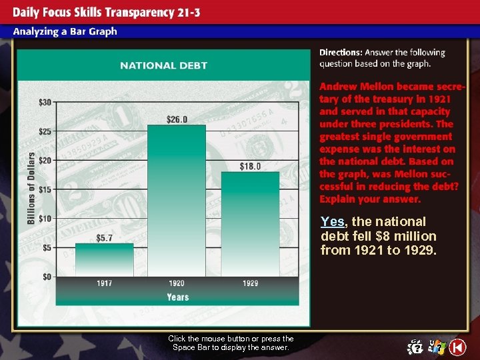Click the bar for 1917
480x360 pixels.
click(104, 259)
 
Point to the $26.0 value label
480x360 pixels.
click(177, 119)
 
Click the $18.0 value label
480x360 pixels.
click(250, 166)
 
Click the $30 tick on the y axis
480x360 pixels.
click(45, 102)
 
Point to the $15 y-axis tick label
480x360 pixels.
click(45, 189)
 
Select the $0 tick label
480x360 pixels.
click(47, 276)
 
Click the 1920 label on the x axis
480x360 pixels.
click(177, 283)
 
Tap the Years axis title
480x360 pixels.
click(177, 297)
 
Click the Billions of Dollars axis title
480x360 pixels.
click(31, 188)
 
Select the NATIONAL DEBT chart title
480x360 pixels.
click(163, 65)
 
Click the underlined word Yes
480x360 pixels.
click(332, 221)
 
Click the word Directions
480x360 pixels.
click(341, 52)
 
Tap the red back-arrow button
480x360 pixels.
click(457, 347)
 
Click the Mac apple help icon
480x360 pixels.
click(416, 347)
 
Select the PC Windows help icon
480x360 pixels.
click(437, 347)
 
